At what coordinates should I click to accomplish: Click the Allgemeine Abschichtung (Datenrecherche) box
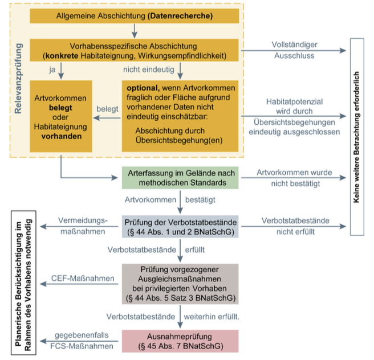[x=135, y=15]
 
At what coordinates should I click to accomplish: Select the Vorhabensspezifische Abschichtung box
[x=135, y=50]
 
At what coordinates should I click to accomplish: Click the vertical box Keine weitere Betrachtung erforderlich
[x=357, y=137]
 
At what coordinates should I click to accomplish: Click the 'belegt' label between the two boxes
[x=107, y=108]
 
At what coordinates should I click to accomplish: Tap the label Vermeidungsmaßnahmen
[x=83, y=226]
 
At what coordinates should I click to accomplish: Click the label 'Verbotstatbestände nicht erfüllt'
[x=294, y=226]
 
